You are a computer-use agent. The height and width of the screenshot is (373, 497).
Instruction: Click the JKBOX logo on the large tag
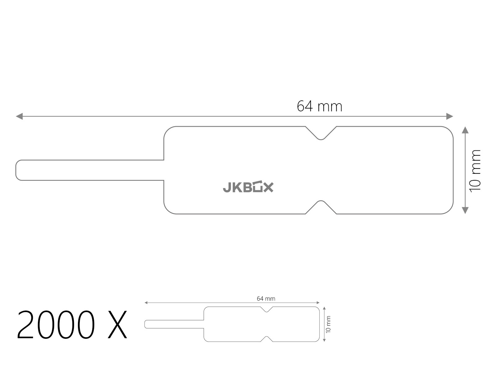pos(248,186)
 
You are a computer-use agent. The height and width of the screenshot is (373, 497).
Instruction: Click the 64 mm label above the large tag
pos(320,106)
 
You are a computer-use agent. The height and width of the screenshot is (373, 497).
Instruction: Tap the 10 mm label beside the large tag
pos(475,171)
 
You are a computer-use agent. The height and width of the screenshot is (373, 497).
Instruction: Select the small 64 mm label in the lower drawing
pos(266,298)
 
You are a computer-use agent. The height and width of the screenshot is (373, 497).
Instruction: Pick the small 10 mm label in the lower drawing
pos(328,324)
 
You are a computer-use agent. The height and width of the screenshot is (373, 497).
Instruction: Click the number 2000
pos(56,324)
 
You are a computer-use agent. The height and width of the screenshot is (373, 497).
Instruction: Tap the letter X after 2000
pos(117,325)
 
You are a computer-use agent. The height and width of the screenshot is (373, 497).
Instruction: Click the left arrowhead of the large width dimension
pos(19,116)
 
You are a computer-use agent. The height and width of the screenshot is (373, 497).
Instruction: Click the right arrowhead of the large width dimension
pos(449,116)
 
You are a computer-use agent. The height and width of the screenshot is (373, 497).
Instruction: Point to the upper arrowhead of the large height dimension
pos(465,130)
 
